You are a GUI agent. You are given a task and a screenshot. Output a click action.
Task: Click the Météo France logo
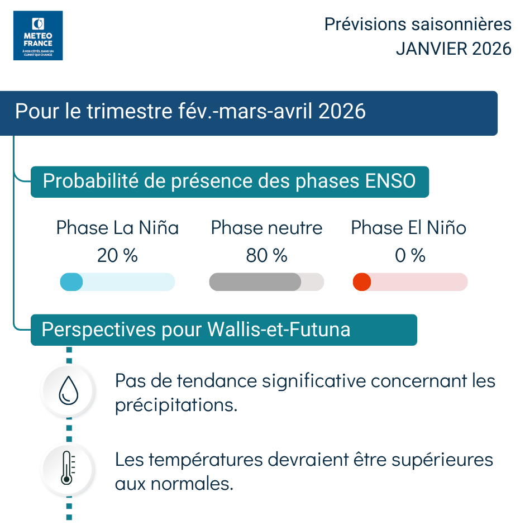(x=38, y=35)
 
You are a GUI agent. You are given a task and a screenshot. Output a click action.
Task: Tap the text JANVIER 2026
(x=454, y=49)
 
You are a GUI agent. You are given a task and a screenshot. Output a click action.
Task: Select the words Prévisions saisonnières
(x=418, y=25)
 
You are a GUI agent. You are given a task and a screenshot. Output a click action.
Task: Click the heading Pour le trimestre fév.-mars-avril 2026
(x=190, y=111)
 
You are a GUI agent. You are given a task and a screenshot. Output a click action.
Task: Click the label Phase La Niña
(x=117, y=228)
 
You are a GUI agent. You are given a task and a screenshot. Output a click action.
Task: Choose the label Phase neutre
(x=266, y=228)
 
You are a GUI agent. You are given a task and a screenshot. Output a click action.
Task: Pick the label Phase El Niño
(x=408, y=228)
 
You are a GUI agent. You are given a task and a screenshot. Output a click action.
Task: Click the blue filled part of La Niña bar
(x=71, y=282)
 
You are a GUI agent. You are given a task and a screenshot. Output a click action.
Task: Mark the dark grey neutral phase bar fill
(x=255, y=282)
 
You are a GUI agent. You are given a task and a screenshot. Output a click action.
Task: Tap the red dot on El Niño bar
(x=362, y=282)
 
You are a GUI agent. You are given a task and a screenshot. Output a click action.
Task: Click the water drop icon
(x=69, y=390)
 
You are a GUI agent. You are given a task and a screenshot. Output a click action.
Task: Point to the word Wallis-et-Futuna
(x=279, y=330)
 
